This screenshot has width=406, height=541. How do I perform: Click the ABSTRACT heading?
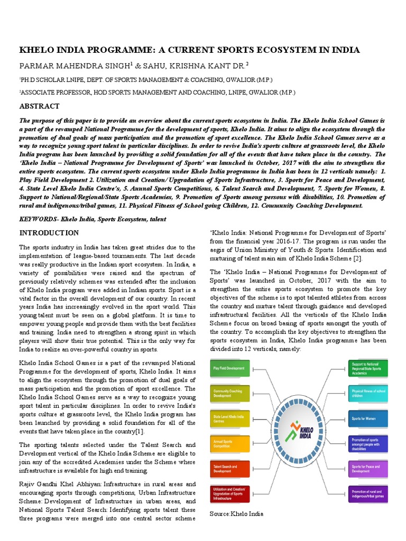tap(40, 106)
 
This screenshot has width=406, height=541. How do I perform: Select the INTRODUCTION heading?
tap(49, 233)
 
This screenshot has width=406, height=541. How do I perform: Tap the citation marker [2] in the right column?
tap(358, 258)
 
